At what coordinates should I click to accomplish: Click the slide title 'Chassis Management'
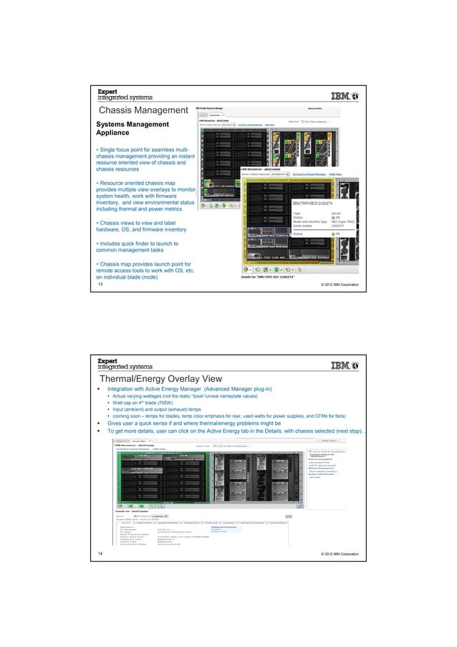(143, 111)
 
